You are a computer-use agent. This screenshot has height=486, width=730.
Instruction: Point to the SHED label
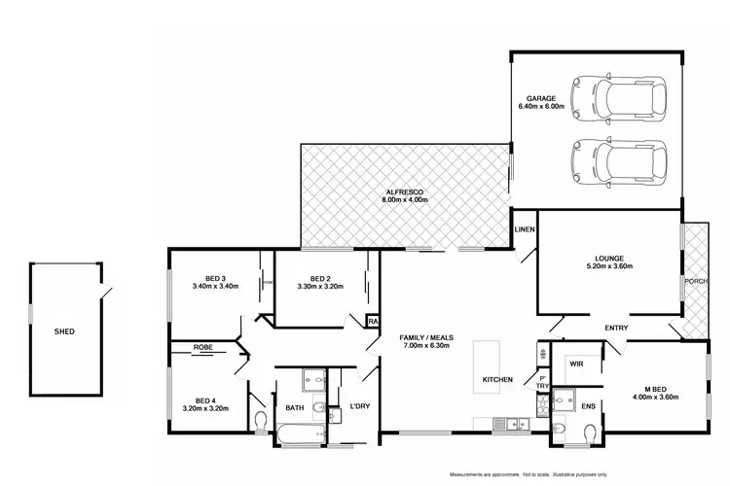tap(64, 331)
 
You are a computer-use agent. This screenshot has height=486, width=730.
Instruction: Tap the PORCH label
tap(696, 282)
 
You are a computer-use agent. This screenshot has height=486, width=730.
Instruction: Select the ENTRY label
tap(615, 328)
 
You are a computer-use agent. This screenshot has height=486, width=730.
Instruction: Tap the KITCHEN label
tap(497, 379)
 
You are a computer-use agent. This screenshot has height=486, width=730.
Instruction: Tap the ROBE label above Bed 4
tap(202, 345)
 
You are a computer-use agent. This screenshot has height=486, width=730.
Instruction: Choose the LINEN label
tap(524, 228)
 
